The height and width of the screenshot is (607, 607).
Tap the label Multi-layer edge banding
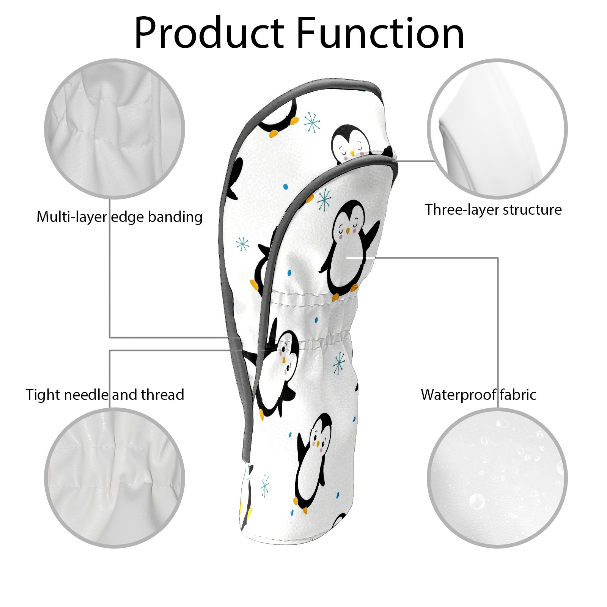pos(120,217)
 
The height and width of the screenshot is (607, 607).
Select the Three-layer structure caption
pos(493,209)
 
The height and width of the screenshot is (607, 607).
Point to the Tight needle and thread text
pos(105,395)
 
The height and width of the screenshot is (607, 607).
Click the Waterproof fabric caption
pos(478,395)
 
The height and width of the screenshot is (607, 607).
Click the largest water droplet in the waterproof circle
pos(476,501)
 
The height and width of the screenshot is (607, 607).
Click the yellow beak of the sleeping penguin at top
pos(352,154)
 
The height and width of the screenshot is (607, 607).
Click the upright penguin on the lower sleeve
pos(313,461)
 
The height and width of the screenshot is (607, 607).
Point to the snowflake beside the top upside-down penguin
pos(312,122)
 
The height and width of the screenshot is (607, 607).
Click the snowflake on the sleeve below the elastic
pos(339,363)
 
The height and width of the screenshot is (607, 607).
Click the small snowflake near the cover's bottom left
pos(265,485)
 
